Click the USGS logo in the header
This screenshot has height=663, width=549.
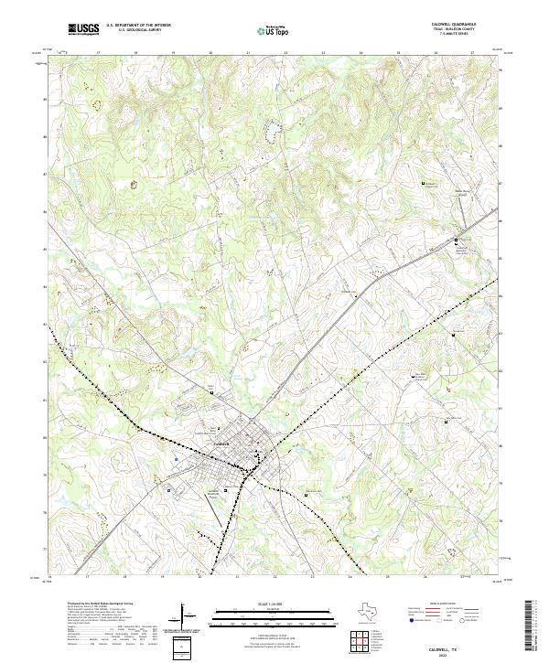coord(84,30)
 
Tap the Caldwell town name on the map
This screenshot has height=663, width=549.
coord(220,444)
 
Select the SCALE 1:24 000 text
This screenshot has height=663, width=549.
coord(274,604)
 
